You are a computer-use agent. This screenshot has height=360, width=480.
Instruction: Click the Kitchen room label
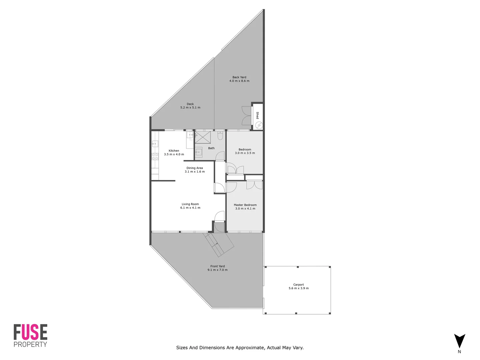point(174,151)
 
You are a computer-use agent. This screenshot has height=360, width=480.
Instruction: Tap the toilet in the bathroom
point(220,136)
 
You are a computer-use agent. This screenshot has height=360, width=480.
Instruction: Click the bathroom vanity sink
point(199,152)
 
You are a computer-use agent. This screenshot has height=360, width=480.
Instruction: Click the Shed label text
point(257,115)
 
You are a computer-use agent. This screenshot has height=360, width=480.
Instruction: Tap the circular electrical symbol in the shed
point(259,125)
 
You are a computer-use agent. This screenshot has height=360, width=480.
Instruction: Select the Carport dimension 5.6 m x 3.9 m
point(299,288)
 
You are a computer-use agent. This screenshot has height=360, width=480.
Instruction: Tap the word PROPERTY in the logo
point(30,345)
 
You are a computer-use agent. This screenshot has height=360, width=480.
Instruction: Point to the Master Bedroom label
point(245,205)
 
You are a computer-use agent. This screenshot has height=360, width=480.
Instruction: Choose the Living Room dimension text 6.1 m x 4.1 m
point(190,208)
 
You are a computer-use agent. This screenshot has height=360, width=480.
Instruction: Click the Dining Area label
point(195,168)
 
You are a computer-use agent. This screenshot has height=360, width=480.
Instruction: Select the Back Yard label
point(239,77)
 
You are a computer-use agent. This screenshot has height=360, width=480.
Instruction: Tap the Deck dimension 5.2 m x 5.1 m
point(190,108)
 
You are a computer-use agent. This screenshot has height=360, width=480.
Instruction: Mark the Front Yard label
point(217,266)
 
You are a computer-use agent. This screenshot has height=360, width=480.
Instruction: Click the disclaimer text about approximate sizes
point(240,348)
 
